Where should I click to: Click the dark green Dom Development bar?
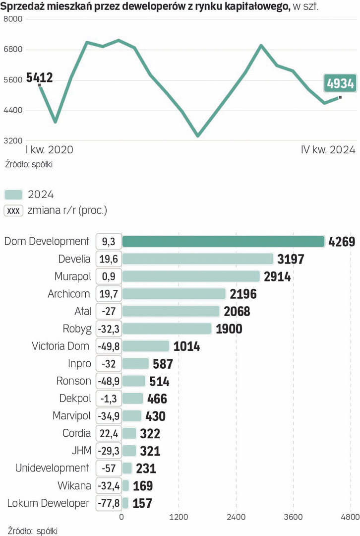click(223, 241)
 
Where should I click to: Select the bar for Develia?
click(198, 259)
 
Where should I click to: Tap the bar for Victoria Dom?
click(145, 346)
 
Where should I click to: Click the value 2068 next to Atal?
click(237, 312)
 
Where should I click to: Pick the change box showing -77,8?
click(109, 503)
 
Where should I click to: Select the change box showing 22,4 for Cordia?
click(109, 433)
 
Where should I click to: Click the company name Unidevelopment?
click(52, 468)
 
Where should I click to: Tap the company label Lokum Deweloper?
click(48, 503)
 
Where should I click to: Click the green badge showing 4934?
click(340, 83)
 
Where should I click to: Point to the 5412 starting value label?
click(39, 77)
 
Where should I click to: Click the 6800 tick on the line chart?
click(13, 50)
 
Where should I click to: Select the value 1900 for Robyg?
click(229, 329)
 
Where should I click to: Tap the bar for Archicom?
click(174, 294)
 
